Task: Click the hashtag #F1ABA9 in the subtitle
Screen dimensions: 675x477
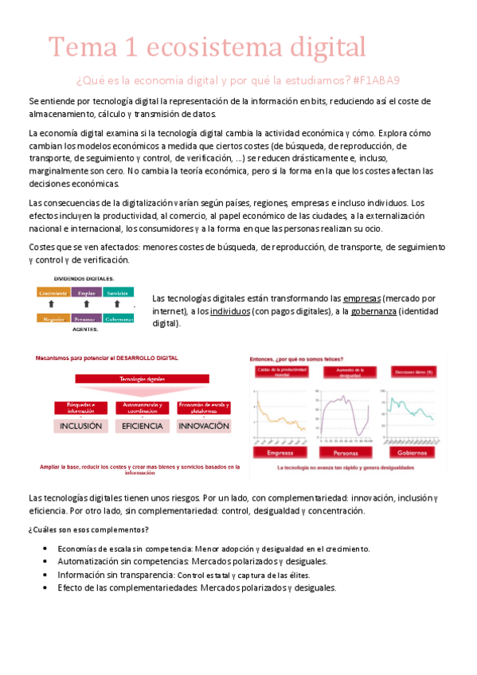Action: pos(374,80)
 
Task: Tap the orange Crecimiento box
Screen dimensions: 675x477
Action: pos(53,292)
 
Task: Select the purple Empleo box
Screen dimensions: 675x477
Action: pos(86,292)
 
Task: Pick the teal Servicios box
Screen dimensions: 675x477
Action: pos(118,292)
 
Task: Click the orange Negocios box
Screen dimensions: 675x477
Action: pos(53,318)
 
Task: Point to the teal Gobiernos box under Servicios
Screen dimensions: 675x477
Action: pos(118,318)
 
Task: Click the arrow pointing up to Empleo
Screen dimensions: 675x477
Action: pos(86,305)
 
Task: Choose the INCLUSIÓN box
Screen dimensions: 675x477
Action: pos(80,426)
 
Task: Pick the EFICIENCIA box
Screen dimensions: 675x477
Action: pos(143,426)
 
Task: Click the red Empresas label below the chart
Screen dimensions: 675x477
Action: pos(281,452)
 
